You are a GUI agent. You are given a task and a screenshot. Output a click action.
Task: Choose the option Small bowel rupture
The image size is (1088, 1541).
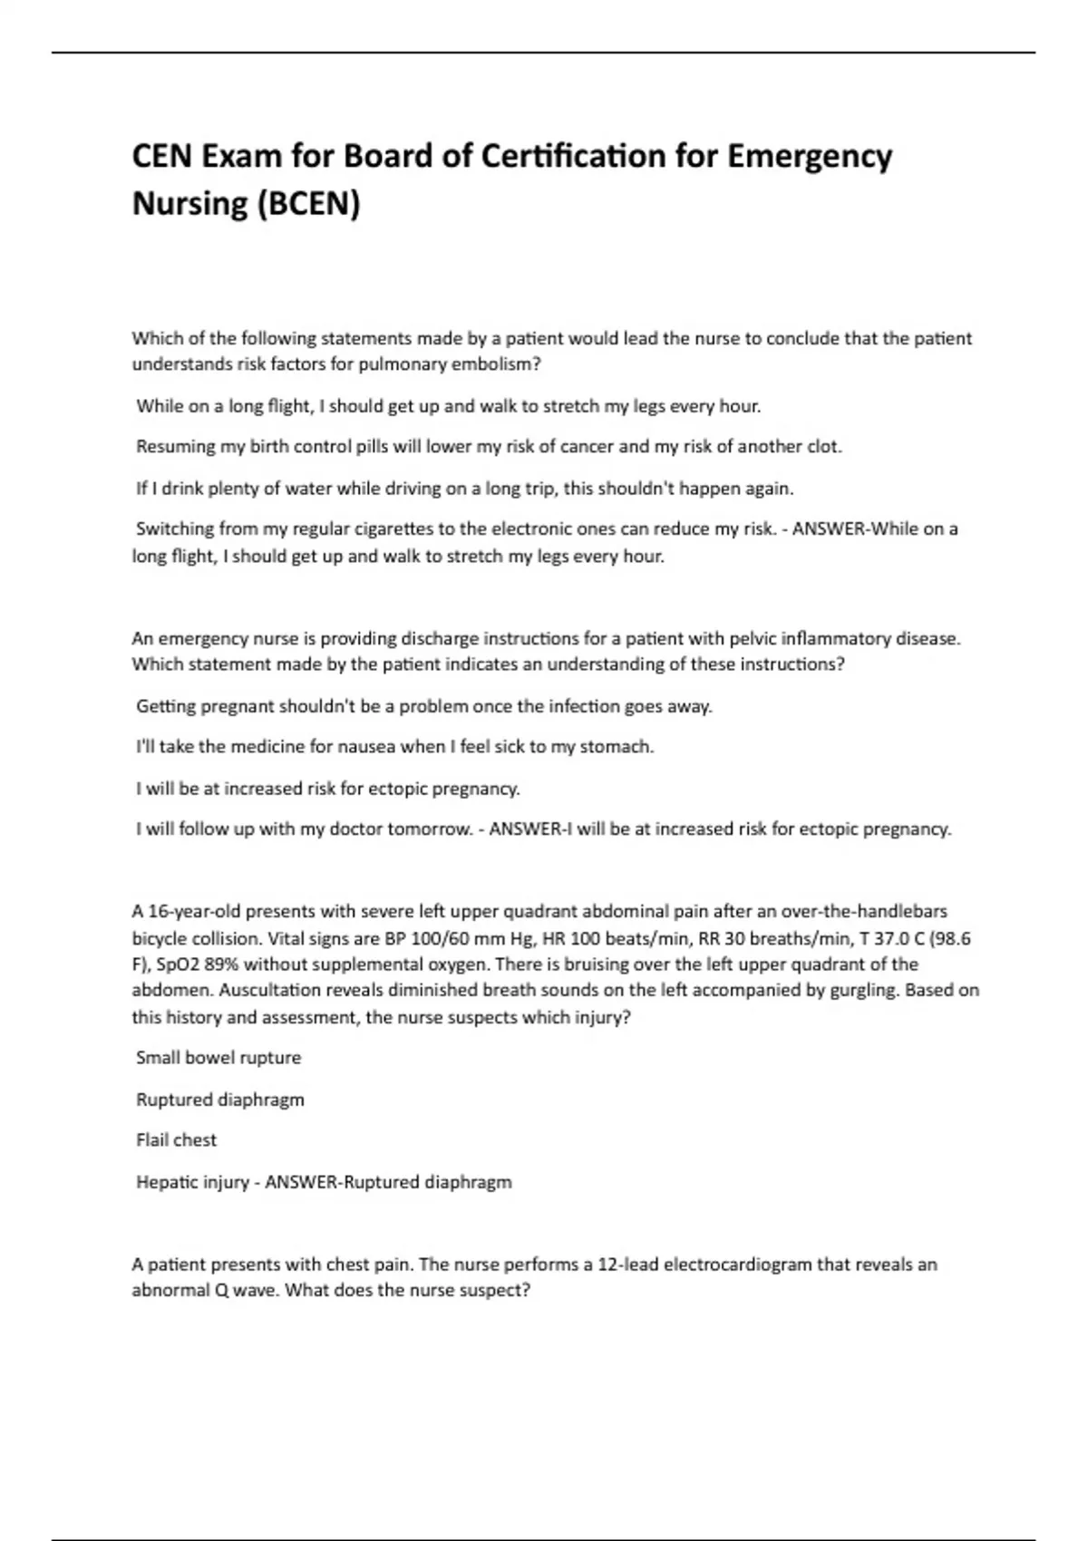click(x=219, y=1058)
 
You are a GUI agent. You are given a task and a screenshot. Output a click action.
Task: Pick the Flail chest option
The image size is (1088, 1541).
click(x=176, y=1140)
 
